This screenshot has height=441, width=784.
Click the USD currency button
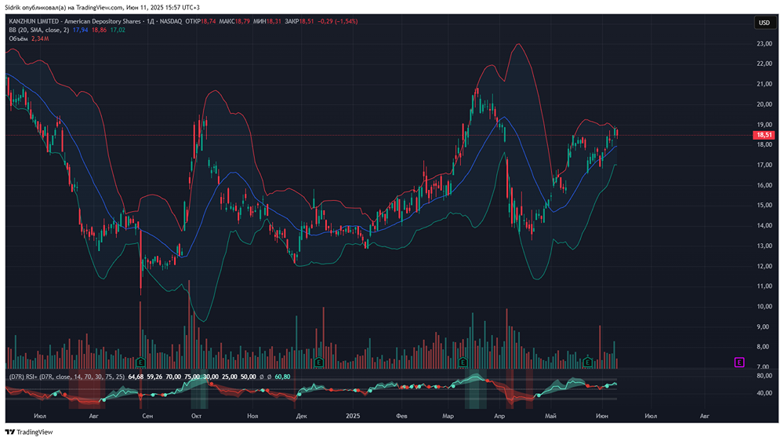click(x=764, y=23)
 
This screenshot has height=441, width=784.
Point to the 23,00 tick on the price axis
click(x=764, y=43)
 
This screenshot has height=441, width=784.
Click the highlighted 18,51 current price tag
click(x=764, y=135)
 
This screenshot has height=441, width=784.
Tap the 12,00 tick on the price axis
click(x=764, y=266)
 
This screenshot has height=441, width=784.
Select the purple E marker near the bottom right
click(x=739, y=362)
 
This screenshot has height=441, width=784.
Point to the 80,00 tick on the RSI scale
click(x=764, y=376)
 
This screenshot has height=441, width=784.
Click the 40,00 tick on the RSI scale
click(x=764, y=393)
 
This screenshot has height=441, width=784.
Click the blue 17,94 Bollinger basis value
click(x=80, y=30)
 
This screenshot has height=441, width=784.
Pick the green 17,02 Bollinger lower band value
click(x=118, y=30)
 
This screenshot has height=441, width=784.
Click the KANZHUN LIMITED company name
click(x=38, y=21)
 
